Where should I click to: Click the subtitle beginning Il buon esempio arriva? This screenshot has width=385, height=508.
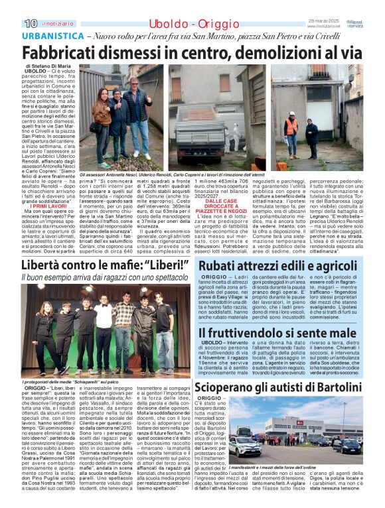point(100,283)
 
